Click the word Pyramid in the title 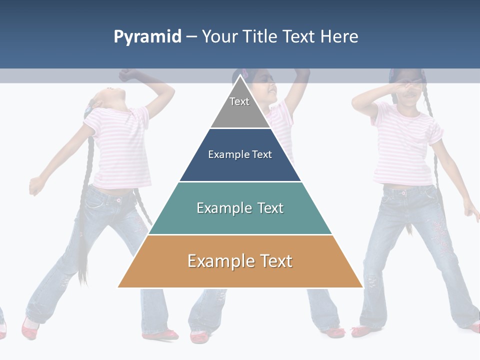(x=147, y=37)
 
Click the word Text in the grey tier (x=239, y=101)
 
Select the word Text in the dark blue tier (x=262, y=154)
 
